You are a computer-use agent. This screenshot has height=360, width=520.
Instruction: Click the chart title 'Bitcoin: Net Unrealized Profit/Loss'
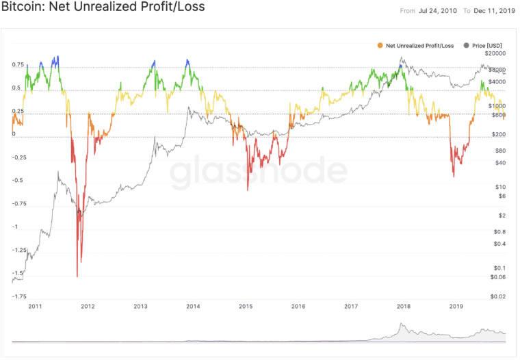(103, 8)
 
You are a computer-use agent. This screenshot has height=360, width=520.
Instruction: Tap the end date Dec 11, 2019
(494, 11)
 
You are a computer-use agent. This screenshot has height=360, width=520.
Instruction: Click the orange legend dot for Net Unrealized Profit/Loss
(380, 45)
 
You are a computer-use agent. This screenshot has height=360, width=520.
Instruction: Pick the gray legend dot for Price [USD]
(467, 45)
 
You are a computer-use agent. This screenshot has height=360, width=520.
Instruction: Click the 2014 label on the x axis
(193, 307)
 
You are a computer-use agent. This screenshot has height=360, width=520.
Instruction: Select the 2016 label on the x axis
(298, 307)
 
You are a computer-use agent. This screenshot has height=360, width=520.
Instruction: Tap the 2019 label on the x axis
(457, 307)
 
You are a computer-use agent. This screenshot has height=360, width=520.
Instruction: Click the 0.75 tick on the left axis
(18, 65)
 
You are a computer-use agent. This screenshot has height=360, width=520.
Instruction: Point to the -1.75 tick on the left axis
(18, 296)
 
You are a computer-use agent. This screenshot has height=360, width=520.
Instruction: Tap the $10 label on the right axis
(500, 187)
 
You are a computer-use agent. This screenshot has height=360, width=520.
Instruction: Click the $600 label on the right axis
(498, 115)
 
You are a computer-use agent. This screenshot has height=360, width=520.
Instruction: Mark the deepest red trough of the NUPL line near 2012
(77, 276)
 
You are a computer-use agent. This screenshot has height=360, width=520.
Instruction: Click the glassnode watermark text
(259, 174)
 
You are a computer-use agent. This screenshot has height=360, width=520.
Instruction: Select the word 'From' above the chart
(408, 11)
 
